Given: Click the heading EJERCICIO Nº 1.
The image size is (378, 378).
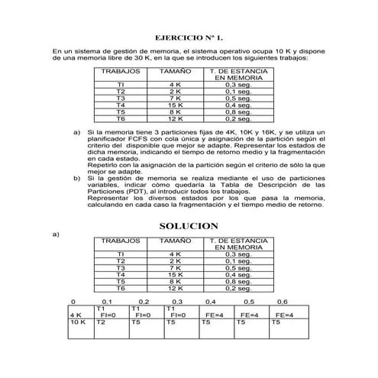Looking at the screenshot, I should point(188,37).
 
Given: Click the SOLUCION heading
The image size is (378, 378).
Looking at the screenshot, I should point(189,226).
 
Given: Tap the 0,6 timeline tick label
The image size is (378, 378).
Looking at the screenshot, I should point(282,302).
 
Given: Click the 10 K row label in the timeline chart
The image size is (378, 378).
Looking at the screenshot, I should point(76,322).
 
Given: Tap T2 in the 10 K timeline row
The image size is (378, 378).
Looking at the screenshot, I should point(100,322).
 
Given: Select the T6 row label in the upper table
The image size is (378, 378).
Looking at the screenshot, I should point(120,119).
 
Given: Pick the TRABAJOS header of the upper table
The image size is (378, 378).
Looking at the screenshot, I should point(120,70).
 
